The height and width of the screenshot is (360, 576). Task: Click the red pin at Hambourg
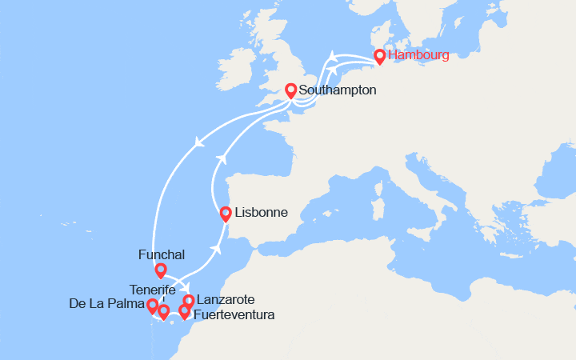pos(379,56)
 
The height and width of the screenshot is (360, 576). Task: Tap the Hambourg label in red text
pos(418,55)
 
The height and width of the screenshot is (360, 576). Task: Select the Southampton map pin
pos(291,91)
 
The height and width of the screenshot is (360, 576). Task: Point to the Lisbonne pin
pos(226,214)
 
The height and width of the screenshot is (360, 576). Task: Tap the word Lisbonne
pos(261,214)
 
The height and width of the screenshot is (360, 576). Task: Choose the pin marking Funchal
pos(161,270)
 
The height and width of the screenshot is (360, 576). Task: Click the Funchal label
pos(161,254)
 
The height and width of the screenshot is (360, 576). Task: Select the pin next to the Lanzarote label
pos(189,301)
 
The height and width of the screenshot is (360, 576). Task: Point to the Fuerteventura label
pos(234,315)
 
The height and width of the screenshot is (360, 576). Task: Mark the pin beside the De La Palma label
pos(152,306)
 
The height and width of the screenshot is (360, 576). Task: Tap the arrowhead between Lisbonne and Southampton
pos(222,159)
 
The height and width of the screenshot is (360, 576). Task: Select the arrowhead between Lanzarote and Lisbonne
pos(216,249)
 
